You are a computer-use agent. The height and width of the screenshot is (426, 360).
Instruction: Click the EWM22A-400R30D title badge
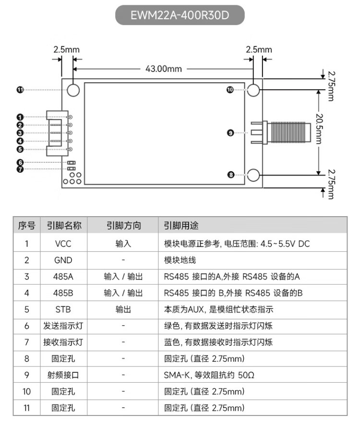coord(180,15)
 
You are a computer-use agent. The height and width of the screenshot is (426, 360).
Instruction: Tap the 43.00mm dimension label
coord(163,69)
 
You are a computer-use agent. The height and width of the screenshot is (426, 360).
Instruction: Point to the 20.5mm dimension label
coord(319,129)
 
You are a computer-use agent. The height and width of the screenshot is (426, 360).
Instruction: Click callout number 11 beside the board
coord(20,90)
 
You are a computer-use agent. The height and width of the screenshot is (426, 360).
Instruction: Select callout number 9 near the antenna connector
coord(230,133)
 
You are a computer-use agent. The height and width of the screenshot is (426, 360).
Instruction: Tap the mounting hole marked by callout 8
coord(253,175)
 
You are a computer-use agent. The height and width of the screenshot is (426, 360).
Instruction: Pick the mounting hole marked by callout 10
coord(253,90)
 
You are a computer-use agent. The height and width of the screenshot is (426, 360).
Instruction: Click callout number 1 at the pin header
coord(20,117)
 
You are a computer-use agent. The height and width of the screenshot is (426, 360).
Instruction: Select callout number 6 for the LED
coord(20,162)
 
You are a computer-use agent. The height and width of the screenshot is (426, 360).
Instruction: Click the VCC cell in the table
coord(63,243)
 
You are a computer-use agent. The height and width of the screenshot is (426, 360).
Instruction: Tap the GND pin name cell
coord(63,260)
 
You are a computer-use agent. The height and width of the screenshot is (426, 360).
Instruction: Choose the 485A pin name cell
coord(63,277)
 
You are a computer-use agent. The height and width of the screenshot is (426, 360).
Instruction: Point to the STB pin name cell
coord(63,309)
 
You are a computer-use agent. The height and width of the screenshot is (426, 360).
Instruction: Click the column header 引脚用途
coord(181,225)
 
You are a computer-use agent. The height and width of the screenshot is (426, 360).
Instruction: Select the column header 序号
coord(26,225)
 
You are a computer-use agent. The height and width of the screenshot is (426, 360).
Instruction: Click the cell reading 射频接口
coord(63,375)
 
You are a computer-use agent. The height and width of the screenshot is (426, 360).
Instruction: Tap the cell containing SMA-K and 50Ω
coord(209,375)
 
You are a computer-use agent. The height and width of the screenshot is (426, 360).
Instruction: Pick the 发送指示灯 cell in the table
coord(63,326)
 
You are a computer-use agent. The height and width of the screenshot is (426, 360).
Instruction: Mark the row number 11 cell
coord(26,408)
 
